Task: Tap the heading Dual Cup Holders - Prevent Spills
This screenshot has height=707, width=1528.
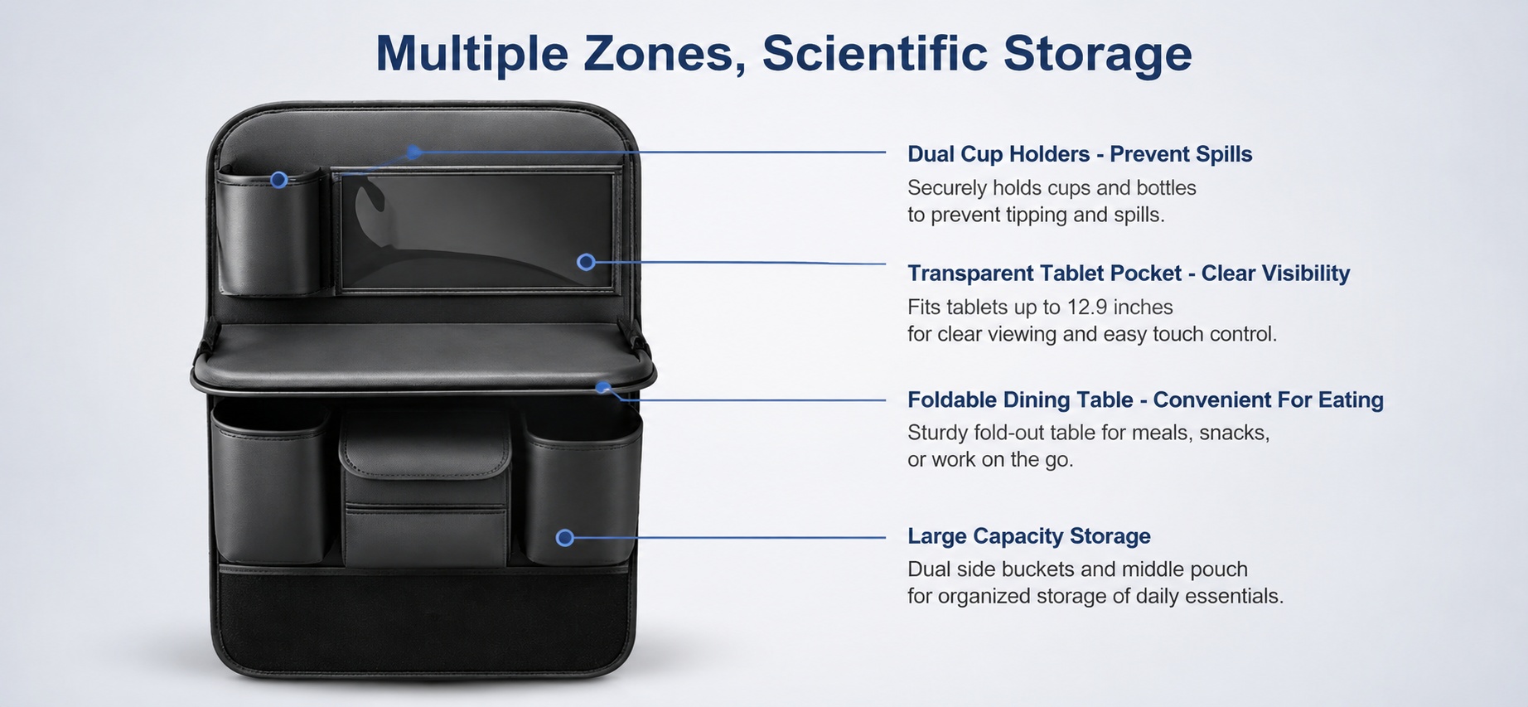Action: pos(1080,154)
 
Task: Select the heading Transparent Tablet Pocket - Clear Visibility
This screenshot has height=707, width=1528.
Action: pos(1129,274)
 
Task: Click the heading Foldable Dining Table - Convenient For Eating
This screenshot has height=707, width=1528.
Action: pos(1145,400)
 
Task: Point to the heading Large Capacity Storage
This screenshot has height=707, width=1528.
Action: pos(1029,536)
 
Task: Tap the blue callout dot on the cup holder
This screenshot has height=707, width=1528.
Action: pos(279,180)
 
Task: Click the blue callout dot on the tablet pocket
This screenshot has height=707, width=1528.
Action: pos(586,262)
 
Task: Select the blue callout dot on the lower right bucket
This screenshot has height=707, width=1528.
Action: pos(565,538)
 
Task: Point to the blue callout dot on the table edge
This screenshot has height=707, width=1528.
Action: pos(603,387)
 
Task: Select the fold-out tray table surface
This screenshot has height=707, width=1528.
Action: pos(423,355)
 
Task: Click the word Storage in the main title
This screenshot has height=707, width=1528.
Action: pos(1098,53)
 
